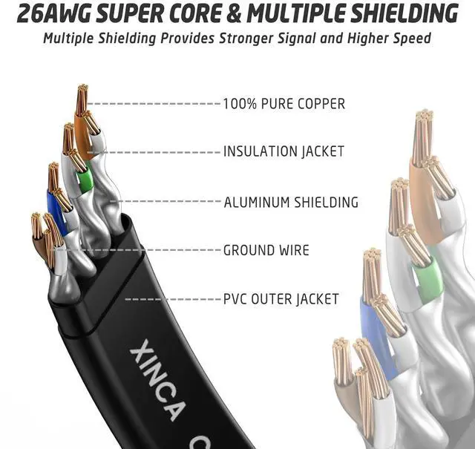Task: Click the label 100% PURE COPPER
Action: coord(284,104)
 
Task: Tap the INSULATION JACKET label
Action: coord(284,151)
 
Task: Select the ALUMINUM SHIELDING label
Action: coord(291,202)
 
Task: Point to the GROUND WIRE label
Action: coord(266,250)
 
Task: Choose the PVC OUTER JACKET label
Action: coord(281,300)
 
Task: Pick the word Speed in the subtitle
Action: coord(413,37)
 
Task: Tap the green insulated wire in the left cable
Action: coord(83,177)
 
